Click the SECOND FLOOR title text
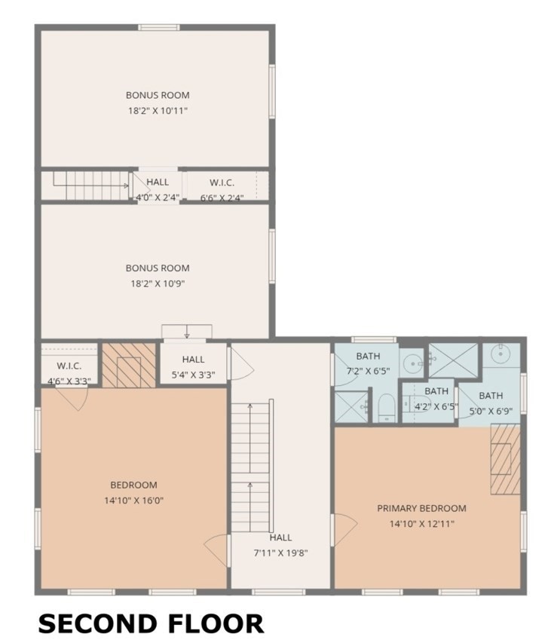pyautogui.click(x=151, y=623)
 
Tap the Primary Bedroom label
pyautogui.click(x=421, y=509)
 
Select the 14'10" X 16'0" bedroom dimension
pyautogui.click(x=133, y=501)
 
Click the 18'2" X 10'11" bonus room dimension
pyautogui.click(x=158, y=110)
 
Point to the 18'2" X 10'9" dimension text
pyautogui.click(x=158, y=283)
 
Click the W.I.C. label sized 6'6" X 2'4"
pyautogui.click(x=222, y=182)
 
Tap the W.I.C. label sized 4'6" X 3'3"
pyautogui.click(x=69, y=366)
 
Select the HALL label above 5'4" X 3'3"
pyautogui.click(x=193, y=360)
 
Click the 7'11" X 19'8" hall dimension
pyautogui.click(x=280, y=553)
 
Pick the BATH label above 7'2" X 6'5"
pyautogui.click(x=368, y=356)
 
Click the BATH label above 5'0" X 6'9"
pyautogui.click(x=491, y=396)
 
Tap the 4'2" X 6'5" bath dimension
pyautogui.click(x=436, y=407)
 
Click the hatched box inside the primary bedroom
pyautogui.click(x=505, y=459)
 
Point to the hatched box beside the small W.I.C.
pyautogui.click(x=129, y=365)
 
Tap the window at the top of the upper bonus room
pyautogui.click(x=159, y=27)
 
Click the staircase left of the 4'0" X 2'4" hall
pyautogui.click(x=89, y=185)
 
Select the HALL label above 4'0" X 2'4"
pyautogui.click(x=158, y=182)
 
